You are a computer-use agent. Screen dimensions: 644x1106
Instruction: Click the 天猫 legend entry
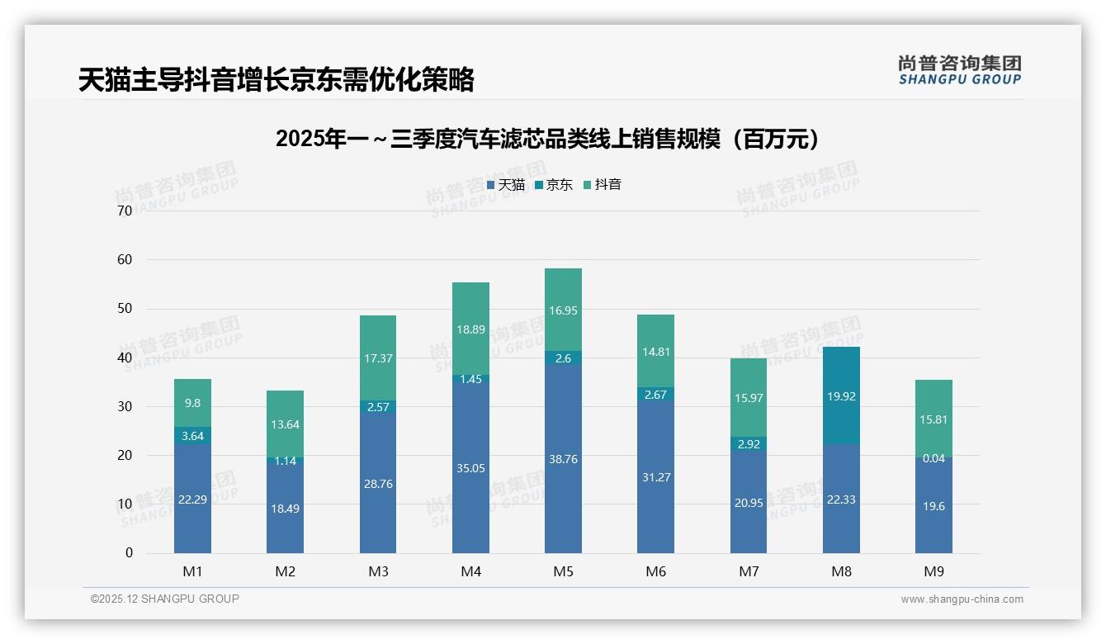(x=506, y=185)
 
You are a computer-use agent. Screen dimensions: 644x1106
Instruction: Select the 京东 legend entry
(x=554, y=185)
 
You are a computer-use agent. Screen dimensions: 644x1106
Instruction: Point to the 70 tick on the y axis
(x=125, y=211)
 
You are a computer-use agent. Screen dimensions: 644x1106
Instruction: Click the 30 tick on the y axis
(x=125, y=406)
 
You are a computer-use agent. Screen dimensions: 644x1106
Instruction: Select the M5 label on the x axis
(x=563, y=571)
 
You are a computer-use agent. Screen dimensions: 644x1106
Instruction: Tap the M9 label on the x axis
(x=933, y=571)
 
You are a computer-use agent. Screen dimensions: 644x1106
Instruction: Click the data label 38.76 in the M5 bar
(x=563, y=459)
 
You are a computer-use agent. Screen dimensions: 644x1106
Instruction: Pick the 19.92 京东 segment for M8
(x=841, y=395)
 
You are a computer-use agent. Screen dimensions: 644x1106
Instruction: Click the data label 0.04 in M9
(x=933, y=458)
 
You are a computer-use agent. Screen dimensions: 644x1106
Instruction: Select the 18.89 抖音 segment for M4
(x=470, y=329)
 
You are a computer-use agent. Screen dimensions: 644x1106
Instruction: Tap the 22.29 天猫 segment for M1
(x=192, y=499)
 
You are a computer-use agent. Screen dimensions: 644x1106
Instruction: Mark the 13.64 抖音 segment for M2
(x=285, y=424)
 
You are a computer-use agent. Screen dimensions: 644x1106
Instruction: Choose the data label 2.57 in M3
(x=378, y=407)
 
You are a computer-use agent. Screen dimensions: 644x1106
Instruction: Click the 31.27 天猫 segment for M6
(x=655, y=477)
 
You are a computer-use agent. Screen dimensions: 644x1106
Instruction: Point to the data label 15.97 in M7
(x=749, y=398)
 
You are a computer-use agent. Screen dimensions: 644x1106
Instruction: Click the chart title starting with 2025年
(x=548, y=139)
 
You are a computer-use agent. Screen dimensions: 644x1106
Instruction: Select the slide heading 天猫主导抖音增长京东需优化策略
(x=276, y=79)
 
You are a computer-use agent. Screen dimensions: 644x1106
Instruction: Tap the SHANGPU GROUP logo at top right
(x=959, y=70)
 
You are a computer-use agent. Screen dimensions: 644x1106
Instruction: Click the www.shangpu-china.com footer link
(x=962, y=599)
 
